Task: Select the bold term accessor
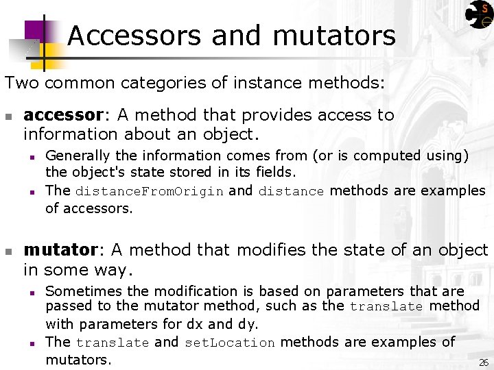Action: (62, 115)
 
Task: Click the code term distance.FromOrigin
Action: (149, 192)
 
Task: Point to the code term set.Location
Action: (230, 343)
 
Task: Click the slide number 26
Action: (483, 362)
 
